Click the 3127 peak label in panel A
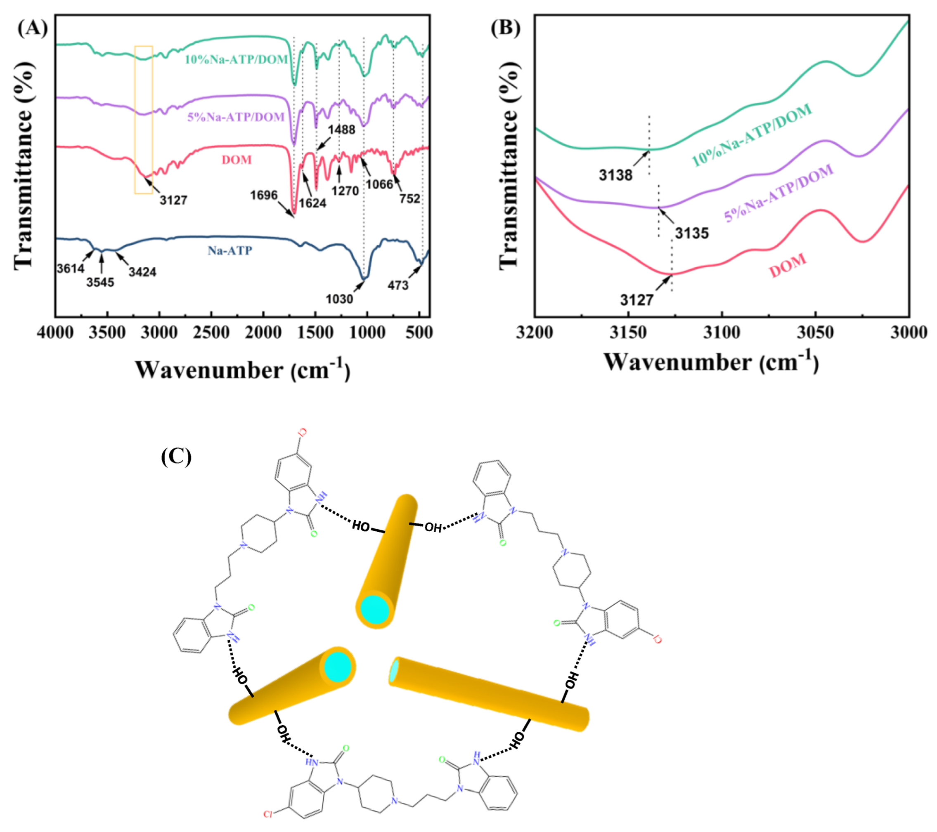173,200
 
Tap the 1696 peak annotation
264,195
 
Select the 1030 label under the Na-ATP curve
339,299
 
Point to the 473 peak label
398,285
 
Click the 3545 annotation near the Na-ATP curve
100,282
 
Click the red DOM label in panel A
237,160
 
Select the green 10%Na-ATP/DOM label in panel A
236,59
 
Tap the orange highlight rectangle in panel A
144,119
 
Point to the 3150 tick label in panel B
628,332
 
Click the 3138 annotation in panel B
615,175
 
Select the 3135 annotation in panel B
692,233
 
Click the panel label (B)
505,28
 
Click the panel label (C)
176,456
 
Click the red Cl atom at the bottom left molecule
268,814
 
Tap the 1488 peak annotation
341,130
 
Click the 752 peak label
409,198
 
